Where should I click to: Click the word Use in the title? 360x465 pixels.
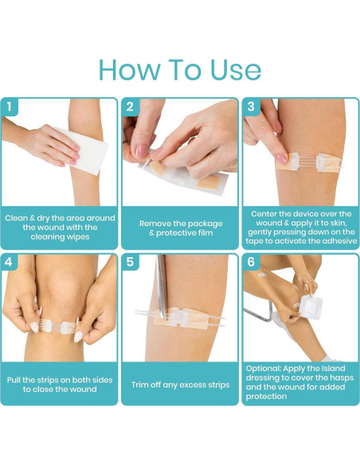click(x=236, y=70)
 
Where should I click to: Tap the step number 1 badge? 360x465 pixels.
click(x=10, y=107)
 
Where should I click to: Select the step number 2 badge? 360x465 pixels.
click(x=130, y=107)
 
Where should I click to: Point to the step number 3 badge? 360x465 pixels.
click(x=251, y=107)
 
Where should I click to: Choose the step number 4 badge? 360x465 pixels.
click(x=9, y=262)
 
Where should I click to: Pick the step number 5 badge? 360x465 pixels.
click(x=130, y=262)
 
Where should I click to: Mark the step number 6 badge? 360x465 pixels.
click(x=251, y=262)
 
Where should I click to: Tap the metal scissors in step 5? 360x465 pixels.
click(x=162, y=286)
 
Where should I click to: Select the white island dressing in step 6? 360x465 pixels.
click(x=311, y=307)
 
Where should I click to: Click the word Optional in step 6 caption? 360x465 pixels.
click(x=264, y=369)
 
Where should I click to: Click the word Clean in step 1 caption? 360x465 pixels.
click(x=16, y=218)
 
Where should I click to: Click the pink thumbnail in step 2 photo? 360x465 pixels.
click(x=142, y=151)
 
